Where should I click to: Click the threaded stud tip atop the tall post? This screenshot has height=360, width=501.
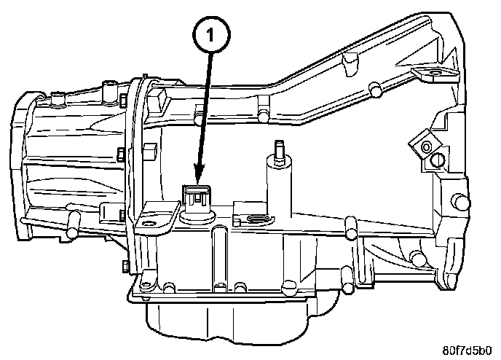coord(277,149)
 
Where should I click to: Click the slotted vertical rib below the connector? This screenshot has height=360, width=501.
coord(217,255)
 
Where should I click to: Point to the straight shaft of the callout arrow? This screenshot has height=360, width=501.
coord(205,109)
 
